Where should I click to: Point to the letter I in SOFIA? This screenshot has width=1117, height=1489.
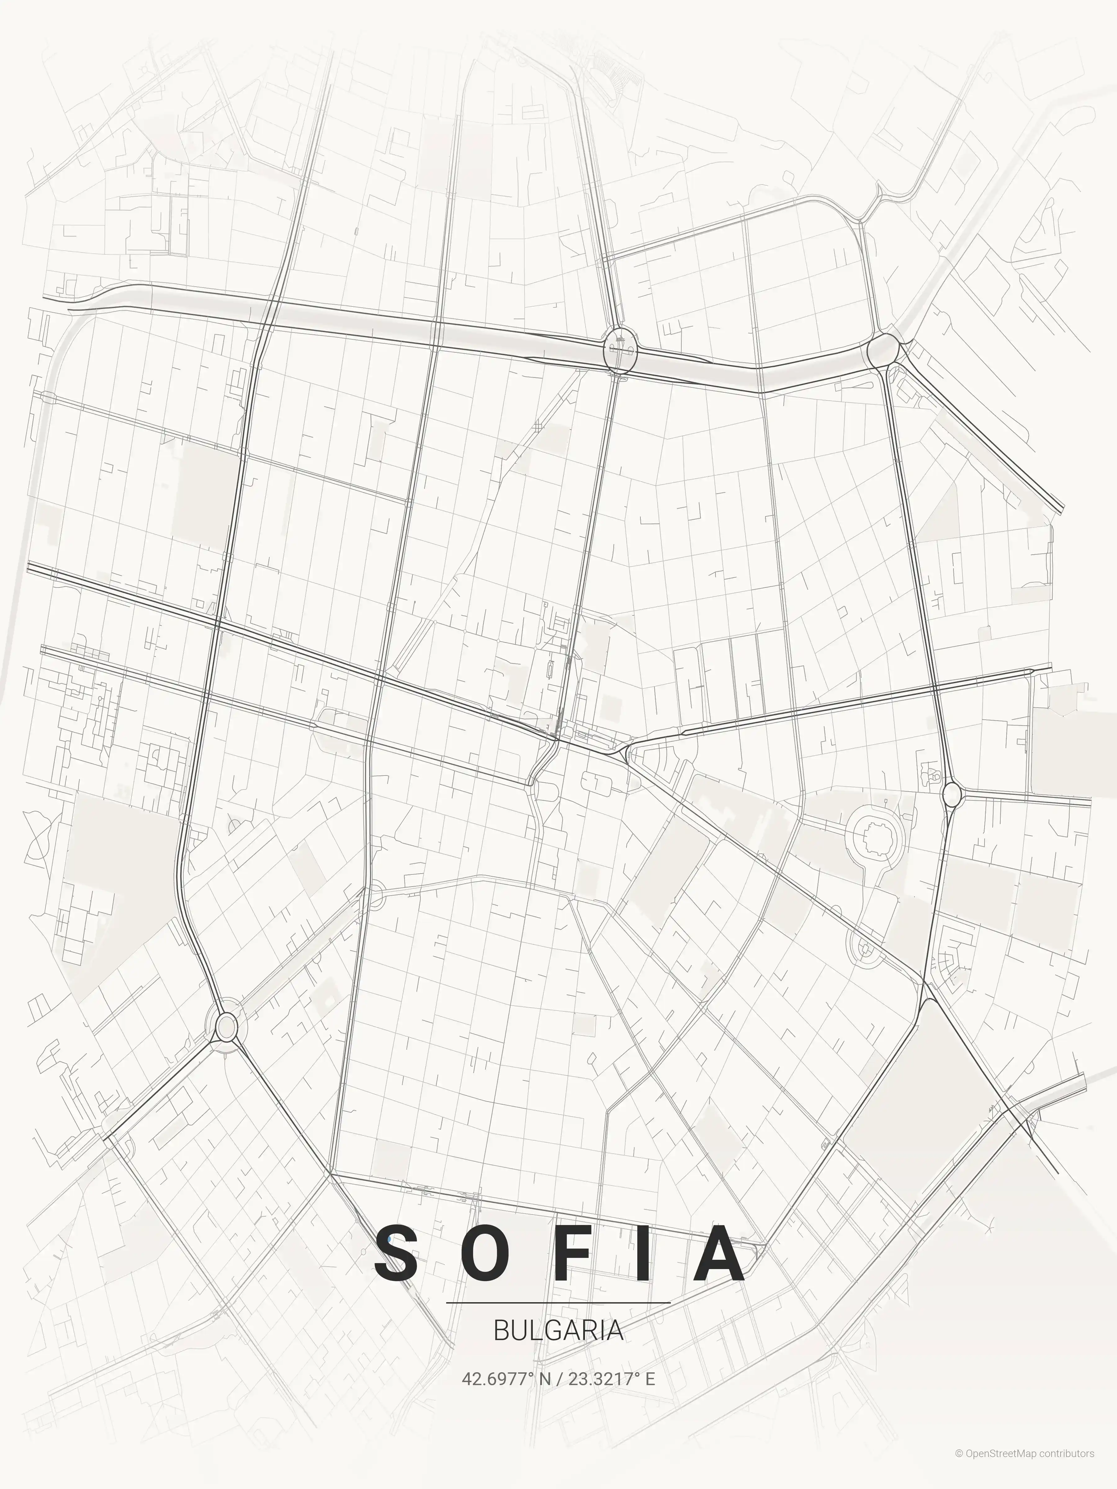click(643, 1254)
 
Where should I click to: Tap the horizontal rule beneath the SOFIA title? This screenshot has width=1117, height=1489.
click(558, 1303)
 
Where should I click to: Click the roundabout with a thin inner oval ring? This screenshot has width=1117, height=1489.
click(227, 1026)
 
